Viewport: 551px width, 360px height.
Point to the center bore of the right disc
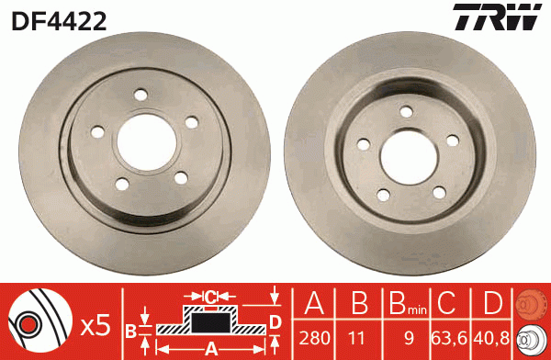409,152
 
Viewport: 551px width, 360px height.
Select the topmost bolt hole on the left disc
140,94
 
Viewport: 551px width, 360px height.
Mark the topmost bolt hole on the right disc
404,111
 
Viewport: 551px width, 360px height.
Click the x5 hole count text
96,324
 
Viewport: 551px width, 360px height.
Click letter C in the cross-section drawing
209,296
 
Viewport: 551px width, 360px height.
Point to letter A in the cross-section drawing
209,347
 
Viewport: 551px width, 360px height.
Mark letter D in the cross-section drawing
275,321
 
